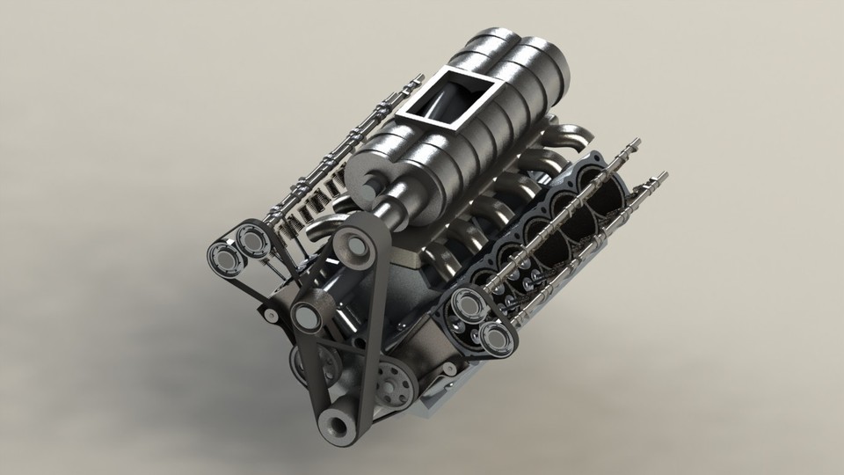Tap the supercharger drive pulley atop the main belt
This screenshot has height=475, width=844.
(x=355, y=246)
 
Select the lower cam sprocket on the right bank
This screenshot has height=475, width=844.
(x=494, y=337)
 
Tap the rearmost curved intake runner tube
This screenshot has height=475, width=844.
(x=571, y=136)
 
